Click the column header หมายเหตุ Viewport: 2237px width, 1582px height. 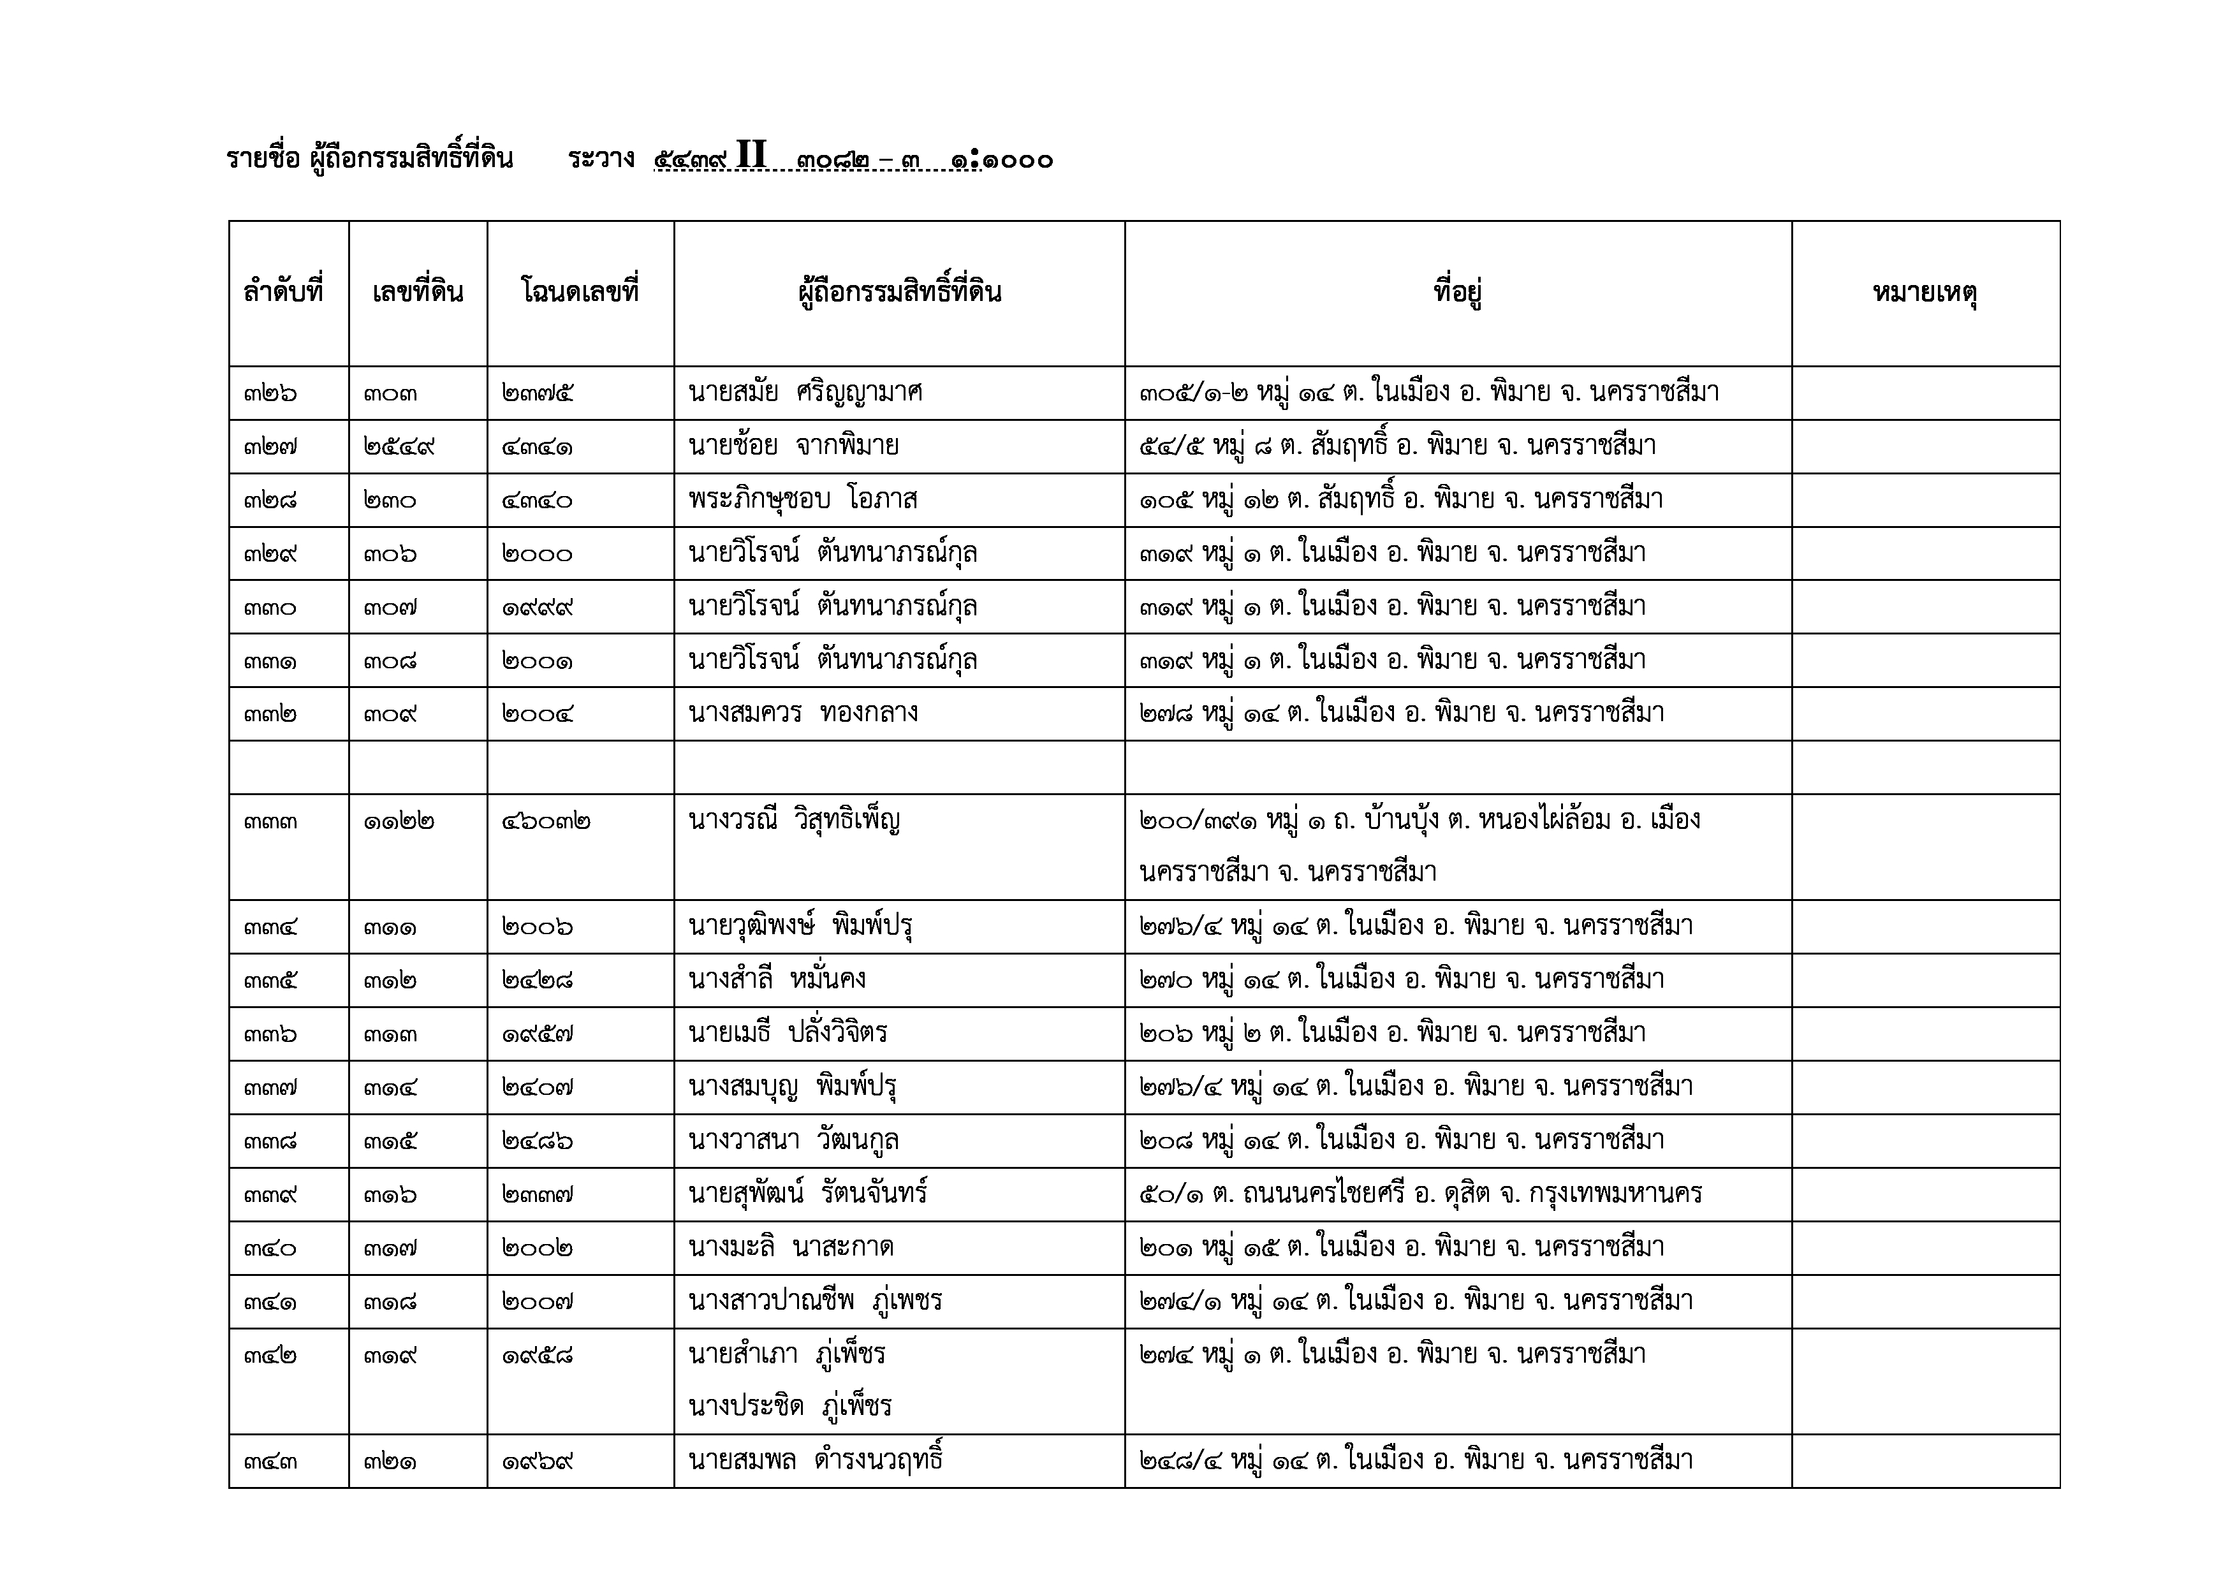[x=1925, y=293]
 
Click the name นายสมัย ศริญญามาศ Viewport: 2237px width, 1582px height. [x=805, y=393]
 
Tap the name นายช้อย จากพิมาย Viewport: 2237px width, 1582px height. [x=793, y=447]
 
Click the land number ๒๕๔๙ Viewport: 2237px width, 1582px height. [x=399, y=447]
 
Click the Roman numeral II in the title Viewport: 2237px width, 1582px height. [x=751, y=156]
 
